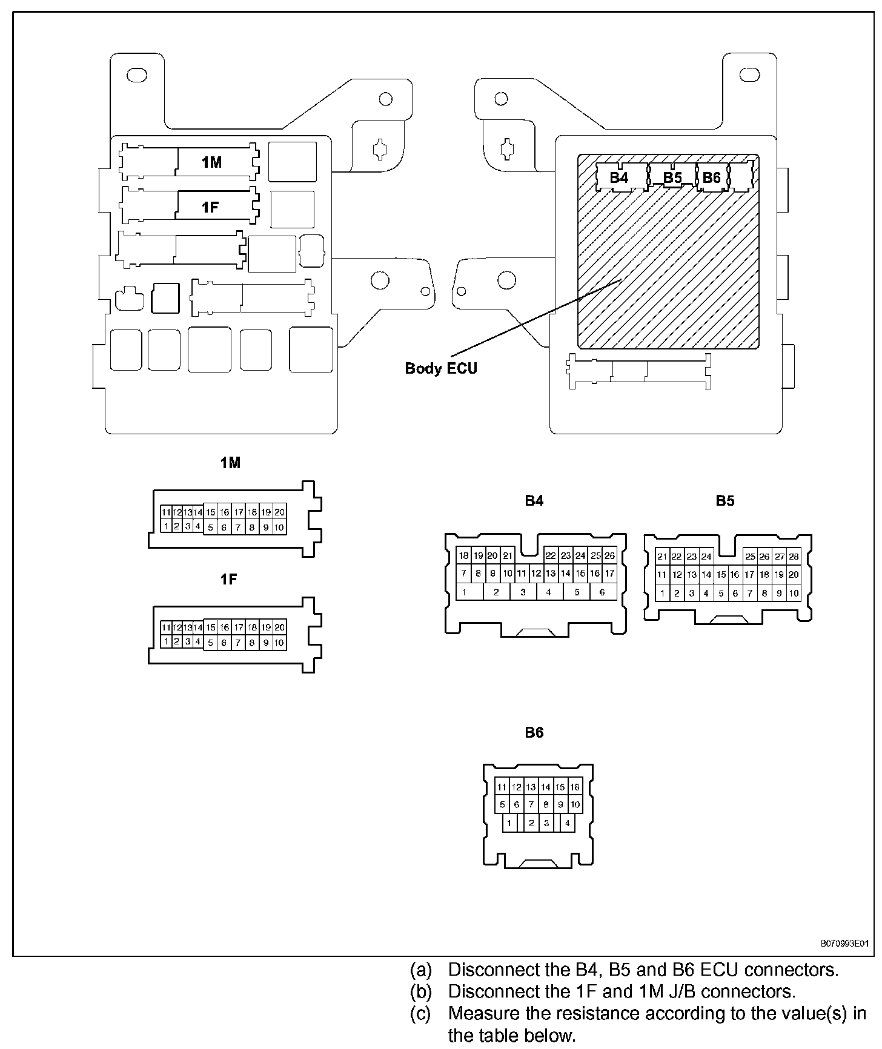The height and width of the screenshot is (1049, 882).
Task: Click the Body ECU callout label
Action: (x=441, y=368)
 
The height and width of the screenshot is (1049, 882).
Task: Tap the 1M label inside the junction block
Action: (x=211, y=162)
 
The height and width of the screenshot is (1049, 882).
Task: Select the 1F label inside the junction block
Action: (x=210, y=208)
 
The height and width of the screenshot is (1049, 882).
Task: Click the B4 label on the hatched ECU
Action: (x=619, y=177)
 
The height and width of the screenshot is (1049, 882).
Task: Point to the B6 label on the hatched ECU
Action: (x=712, y=177)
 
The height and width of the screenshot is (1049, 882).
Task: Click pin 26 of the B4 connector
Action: (x=610, y=555)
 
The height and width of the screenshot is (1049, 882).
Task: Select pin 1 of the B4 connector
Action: (x=464, y=592)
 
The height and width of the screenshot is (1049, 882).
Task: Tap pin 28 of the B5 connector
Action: (x=794, y=557)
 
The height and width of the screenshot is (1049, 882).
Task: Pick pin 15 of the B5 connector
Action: (x=721, y=575)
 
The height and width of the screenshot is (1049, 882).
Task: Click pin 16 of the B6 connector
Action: (x=575, y=787)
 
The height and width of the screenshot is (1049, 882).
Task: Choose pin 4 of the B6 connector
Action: (x=567, y=823)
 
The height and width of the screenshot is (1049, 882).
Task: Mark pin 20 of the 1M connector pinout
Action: (x=279, y=512)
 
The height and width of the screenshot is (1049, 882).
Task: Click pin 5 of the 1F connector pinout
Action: (x=210, y=643)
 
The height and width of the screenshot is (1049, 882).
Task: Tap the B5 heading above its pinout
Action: (x=725, y=501)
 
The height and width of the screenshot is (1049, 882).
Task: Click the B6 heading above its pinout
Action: (x=534, y=733)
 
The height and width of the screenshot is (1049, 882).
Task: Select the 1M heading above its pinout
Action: (x=230, y=463)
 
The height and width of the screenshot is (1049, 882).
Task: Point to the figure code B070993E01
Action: (x=844, y=944)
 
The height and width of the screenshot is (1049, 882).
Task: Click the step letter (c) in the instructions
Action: (x=421, y=1013)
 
